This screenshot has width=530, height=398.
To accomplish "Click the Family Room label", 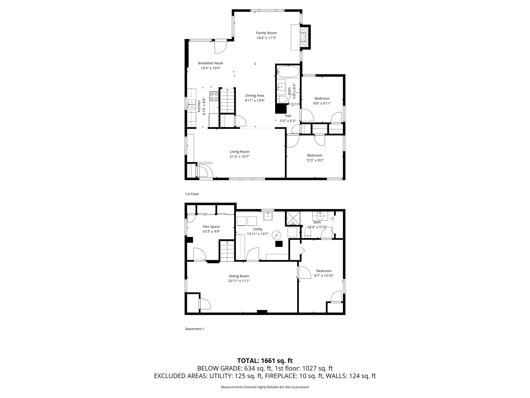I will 266,33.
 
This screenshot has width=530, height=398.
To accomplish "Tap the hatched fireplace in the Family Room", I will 304,37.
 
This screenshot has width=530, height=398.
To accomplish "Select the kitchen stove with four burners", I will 214,96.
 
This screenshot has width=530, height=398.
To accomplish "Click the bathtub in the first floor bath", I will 288,72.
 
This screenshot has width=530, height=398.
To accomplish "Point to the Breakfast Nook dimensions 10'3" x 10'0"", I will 210,68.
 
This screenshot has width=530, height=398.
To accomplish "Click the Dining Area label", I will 255,96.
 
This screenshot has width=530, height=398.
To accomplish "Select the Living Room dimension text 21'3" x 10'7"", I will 239,157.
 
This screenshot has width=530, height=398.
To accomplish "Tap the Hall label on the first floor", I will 288,116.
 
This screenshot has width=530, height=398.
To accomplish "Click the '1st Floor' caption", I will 192,194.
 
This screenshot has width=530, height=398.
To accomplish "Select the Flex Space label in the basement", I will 211,227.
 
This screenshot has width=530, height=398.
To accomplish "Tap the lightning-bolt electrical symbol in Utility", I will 276,235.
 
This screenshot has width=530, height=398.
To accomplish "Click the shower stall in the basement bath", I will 293,218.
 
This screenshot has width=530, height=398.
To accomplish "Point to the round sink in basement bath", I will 320,215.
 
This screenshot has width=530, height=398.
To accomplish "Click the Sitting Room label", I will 239,276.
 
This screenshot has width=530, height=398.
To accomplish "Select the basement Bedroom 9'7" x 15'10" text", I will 324,276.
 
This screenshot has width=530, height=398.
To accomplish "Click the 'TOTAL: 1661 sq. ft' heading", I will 265,361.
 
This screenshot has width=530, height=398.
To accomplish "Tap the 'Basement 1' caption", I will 195,329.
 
